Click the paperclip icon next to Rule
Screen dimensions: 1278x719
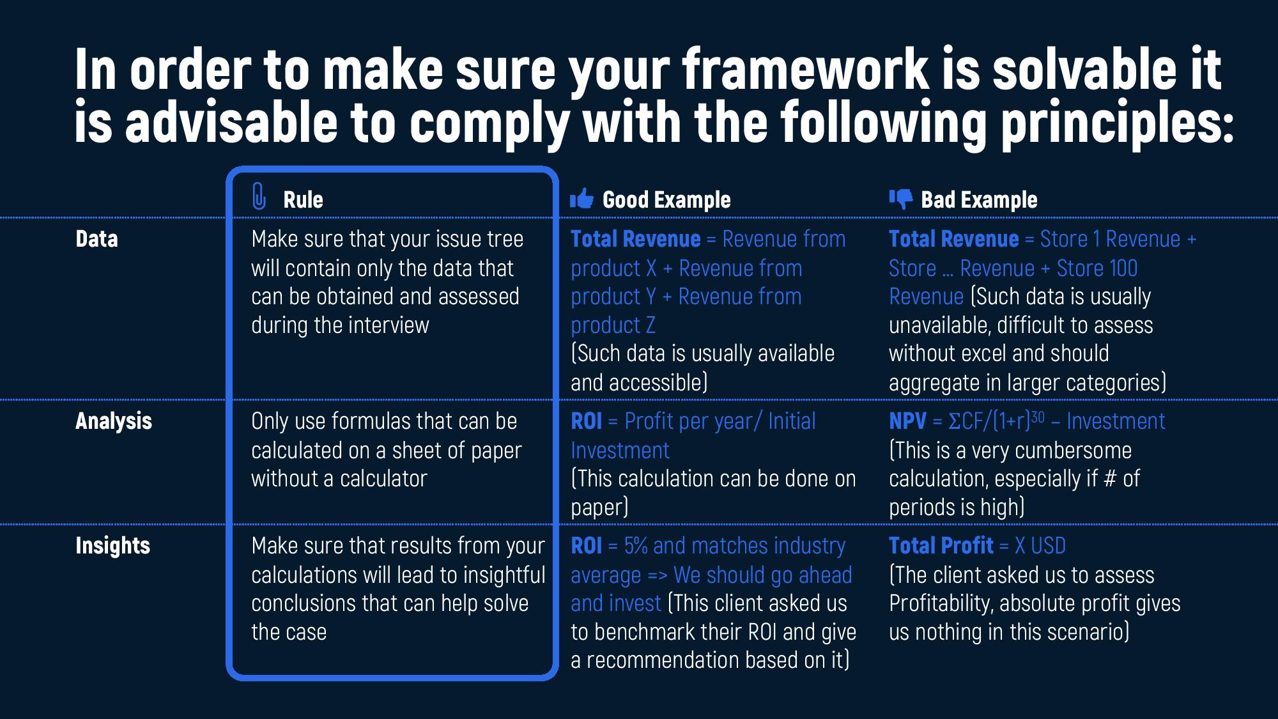click(x=259, y=196)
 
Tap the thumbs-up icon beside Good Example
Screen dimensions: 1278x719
click(x=581, y=199)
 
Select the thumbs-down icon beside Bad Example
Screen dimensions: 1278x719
click(x=901, y=199)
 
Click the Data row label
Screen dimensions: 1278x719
click(x=96, y=239)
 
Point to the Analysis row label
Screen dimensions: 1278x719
click(x=114, y=421)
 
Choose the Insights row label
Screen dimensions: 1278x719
click(x=113, y=546)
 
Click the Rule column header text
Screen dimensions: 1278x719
click(x=303, y=200)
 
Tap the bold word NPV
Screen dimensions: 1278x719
click(x=907, y=421)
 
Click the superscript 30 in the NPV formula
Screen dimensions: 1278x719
click(x=1038, y=416)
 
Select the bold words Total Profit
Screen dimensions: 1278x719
click(x=941, y=546)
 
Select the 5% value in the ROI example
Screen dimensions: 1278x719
click(x=636, y=546)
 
